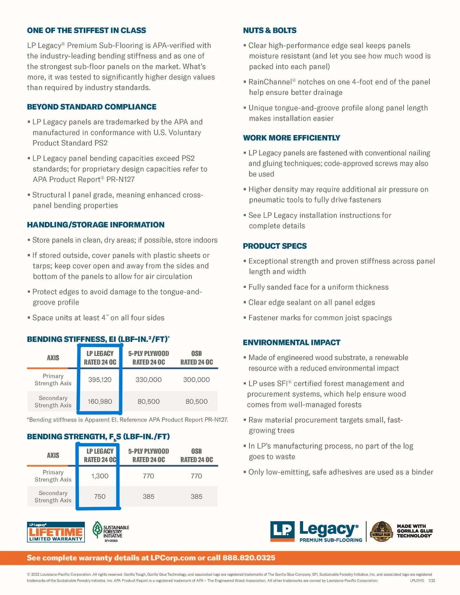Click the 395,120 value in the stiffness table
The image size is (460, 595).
pos(100,379)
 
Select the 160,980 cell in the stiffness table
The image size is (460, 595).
pos(100,402)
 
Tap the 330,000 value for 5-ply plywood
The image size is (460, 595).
pos(148,379)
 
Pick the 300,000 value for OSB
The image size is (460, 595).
pos(196,379)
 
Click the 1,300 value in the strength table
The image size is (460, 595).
pos(100,476)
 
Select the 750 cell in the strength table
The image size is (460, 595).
pos(100,497)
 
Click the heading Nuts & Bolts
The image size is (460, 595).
pos(270,31)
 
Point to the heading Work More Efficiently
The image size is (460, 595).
pos(291,138)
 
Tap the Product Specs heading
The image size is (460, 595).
pos(275,246)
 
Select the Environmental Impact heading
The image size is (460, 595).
pos(291,343)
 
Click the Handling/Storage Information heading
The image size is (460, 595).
pos(96,225)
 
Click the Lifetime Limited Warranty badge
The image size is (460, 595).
pos(56,532)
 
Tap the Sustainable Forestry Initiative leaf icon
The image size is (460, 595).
pos(97,530)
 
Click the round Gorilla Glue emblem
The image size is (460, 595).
pos(382,531)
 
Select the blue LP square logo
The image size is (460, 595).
pos(282,531)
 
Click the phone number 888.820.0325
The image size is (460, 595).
pos(248,558)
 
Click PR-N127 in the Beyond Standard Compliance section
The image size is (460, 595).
pos(121,180)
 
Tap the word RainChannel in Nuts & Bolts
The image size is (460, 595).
pos(270,82)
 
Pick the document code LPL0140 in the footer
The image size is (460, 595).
pos(417,580)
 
